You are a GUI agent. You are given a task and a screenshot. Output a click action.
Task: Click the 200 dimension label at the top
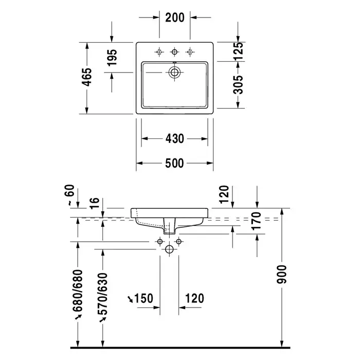[x=175, y=17]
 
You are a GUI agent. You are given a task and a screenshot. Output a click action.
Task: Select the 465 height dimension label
[x=87, y=77]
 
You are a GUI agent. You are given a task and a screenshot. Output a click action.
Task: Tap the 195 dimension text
[x=112, y=58]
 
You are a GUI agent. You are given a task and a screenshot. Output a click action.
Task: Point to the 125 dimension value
[x=238, y=51]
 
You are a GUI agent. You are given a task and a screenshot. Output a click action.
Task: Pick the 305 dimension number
[x=238, y=85]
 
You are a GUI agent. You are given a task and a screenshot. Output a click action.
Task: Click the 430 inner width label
[x=175, y=139]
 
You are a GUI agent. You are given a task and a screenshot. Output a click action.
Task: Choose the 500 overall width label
[x=174, y=163]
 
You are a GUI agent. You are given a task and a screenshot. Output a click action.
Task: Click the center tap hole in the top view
[x=174, y=52]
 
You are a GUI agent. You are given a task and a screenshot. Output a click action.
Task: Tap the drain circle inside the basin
[x=174, y=73]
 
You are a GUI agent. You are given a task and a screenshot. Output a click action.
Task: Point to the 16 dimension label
[x=95, y=203]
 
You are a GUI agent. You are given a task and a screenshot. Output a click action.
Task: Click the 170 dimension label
[x=257, y=221]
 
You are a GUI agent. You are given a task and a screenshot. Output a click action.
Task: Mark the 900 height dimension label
[x=282, y=274]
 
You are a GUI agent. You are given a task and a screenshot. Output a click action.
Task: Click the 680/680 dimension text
[x=78, y=291]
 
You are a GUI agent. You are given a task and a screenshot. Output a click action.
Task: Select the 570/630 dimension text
[x=103, y=294]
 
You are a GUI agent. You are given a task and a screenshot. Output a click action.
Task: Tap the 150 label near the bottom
[x=143, y=298]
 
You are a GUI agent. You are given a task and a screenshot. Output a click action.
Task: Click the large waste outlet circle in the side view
[x=169, y=249]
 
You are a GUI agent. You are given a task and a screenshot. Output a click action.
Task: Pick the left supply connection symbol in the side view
[x=160, y=242]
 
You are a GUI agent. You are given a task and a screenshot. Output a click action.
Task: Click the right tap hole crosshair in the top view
[x=190, y=52]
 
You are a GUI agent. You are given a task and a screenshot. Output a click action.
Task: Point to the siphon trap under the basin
[x=169, y=226]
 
